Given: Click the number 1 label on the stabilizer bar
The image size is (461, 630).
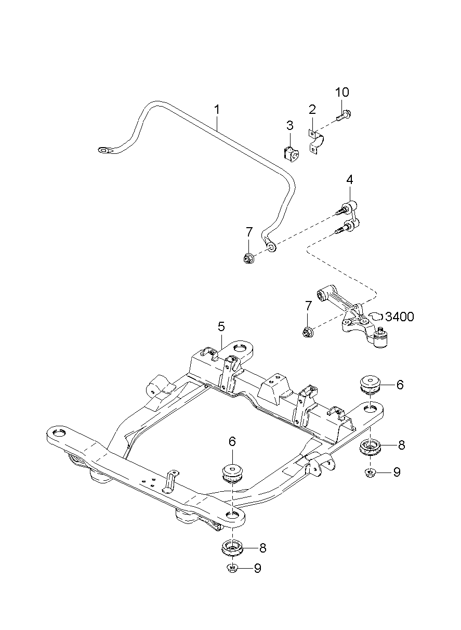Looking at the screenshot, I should [x=217, y=110].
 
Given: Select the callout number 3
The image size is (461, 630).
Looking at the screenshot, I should [x=290, y=125].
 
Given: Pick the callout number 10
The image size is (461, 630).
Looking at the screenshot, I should [x=341, y=93].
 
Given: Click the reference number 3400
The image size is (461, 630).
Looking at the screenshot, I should [x=400, y=316].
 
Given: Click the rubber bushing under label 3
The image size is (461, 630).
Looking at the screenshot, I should [x=290, y=153].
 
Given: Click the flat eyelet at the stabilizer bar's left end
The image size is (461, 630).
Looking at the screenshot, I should [x=104, y=150].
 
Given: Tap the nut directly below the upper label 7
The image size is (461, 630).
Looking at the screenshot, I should [x=249, y=257].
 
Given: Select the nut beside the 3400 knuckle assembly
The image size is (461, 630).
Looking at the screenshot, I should [x=308, y=330].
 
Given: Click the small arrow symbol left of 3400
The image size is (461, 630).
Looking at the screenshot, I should [x=376, y=316].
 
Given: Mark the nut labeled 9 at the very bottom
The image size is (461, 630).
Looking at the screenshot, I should [x=232, y=568].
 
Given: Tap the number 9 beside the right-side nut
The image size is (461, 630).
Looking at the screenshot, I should [x=397, y=472].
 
